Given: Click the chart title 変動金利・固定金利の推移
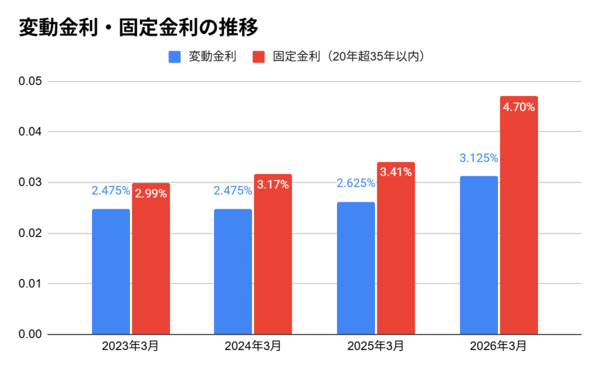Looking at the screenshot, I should (x=138, y=27).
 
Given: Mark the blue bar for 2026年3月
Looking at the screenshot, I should (x=479, y=255).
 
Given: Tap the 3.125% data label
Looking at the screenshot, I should (x=479, y=158).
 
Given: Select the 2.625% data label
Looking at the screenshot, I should (x=356, y=183).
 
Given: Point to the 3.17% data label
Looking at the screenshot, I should (x=273, y=185).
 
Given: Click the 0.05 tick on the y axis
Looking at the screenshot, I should (x=30, y=81).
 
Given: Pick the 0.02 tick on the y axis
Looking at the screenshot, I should (x=30, y=233).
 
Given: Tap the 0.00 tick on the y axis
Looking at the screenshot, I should (x=30, y=334).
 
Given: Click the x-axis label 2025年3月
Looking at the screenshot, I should (x=375, y=346).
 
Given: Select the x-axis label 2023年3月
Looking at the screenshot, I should (x=130, y=346).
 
